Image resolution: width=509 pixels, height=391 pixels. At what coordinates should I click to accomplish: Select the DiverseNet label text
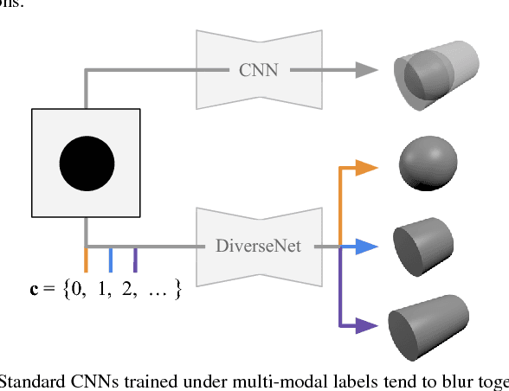coord(258,247)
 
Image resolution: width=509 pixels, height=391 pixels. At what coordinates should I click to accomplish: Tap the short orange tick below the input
coord(87,259)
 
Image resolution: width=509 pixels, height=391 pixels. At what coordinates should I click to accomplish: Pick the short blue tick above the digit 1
coord(111,259)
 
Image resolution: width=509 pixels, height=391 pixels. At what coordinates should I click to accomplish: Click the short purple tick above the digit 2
coord(135,259)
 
